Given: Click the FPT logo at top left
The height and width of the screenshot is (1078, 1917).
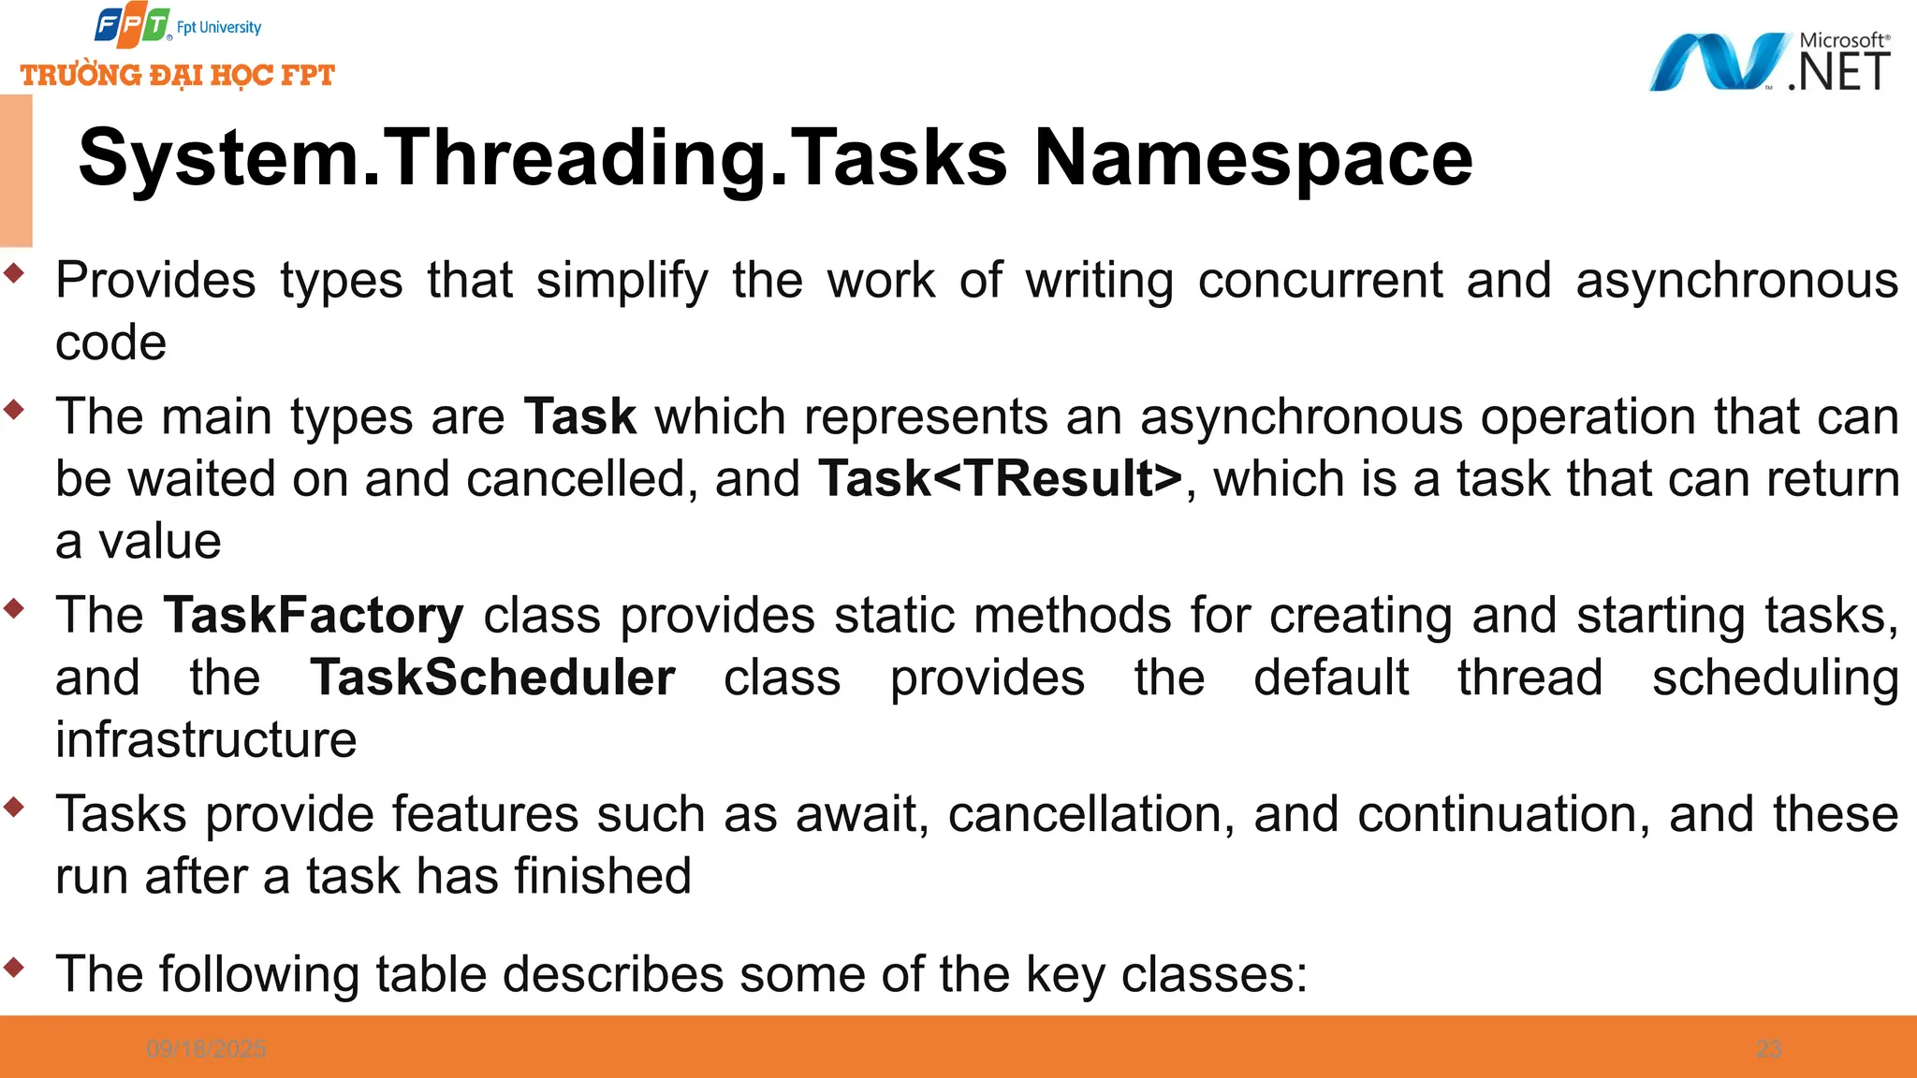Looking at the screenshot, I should (x=133, y=26).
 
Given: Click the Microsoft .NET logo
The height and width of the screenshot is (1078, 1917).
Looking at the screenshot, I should (x=1769, y=62).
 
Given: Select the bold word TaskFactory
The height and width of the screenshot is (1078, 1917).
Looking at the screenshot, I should (x=314, y=616).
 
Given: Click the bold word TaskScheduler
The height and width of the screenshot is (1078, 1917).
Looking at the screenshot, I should (x=492, y=677).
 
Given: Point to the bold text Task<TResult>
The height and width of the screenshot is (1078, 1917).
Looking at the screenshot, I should (x=1001, y=479).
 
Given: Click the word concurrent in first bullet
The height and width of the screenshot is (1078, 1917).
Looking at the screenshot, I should (x=1320, y=281).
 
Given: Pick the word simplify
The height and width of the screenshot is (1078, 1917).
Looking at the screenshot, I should (x=622, y=281).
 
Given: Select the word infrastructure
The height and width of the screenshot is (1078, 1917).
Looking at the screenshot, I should (x=206, y=740).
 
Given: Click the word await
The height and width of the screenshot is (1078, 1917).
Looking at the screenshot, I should (x=861, y=814).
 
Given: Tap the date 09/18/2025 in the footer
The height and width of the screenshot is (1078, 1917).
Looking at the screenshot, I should (x=206, y=1049).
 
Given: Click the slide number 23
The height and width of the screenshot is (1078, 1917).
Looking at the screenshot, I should (x=1768, y=1049).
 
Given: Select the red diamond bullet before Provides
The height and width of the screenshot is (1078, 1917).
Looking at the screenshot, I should (x=14, y=273).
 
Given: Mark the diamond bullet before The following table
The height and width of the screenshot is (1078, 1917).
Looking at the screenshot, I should (x=14, y=967).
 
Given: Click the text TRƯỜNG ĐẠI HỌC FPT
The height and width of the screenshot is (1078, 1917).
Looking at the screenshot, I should (x=178, y=75).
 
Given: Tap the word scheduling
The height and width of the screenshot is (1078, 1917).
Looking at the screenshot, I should (x=1775, y=677).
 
